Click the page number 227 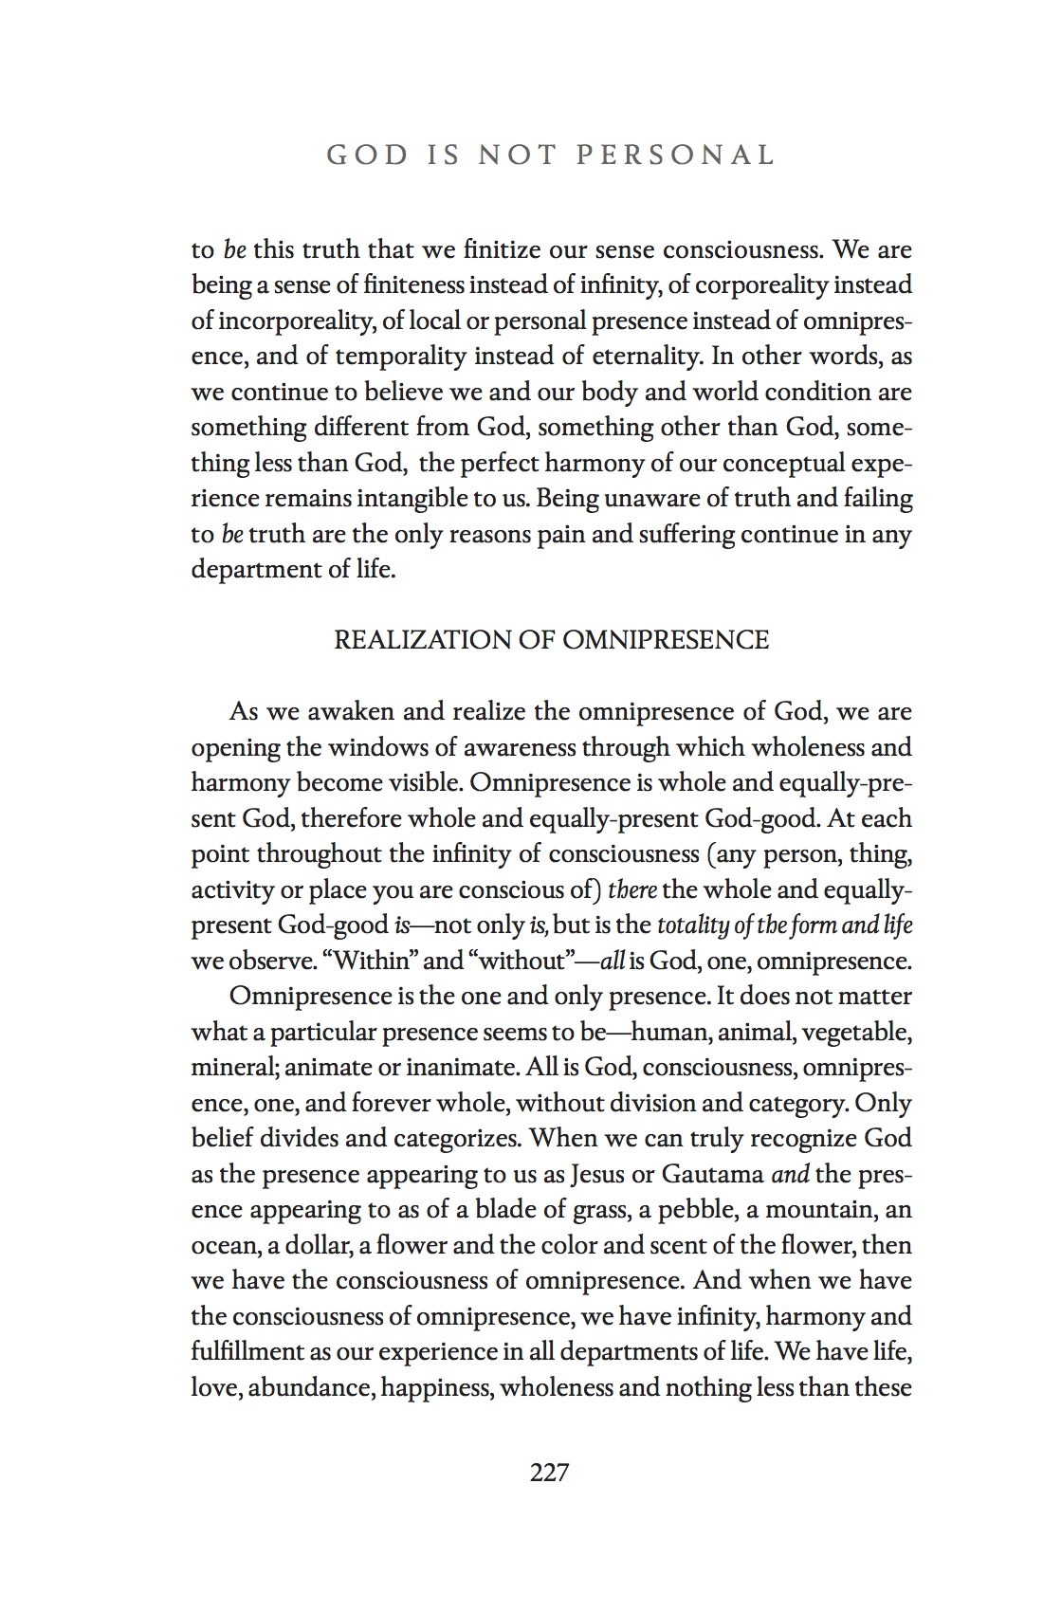point(549,1472)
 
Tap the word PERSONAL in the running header point(676,155)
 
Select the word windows point(376,747)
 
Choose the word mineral point(232,1068)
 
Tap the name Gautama point(712,1174)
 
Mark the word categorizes point(470,1139)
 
